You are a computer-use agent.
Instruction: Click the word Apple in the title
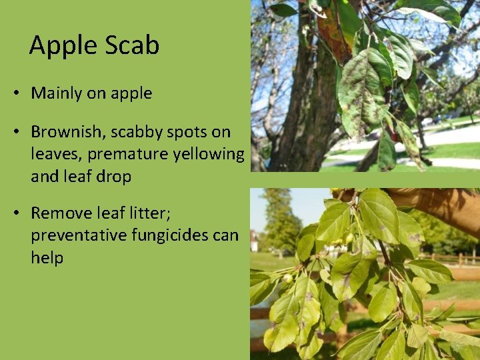[x=61, y=45]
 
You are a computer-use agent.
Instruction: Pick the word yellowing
[x=209, y=155]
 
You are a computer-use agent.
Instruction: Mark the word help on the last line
[x=47, y=258]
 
